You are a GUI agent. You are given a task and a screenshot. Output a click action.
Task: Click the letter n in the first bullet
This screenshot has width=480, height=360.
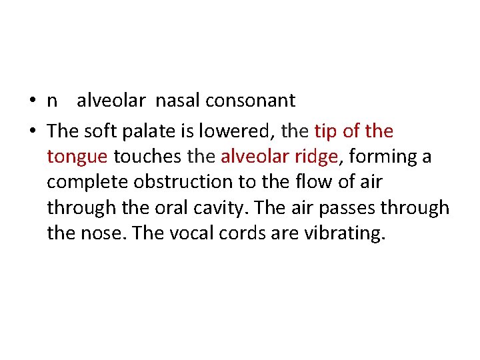point(52,101)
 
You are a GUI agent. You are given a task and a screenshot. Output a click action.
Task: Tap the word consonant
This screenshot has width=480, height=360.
point(250,101)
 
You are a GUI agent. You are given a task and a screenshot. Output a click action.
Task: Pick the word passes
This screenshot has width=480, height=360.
point(347,208)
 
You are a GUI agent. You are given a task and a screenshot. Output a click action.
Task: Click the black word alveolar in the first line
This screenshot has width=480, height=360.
point(111,101)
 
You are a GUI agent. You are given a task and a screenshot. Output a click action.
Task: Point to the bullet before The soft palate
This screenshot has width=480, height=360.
point(33,131)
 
